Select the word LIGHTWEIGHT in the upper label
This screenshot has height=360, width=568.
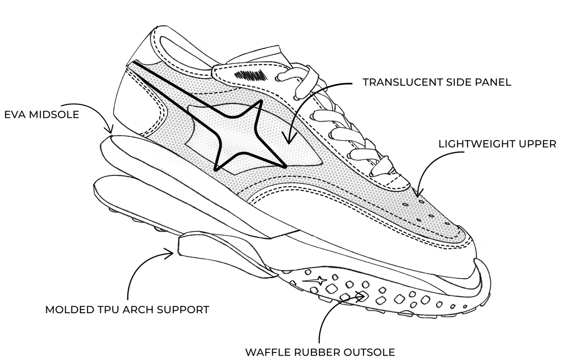point(479,144)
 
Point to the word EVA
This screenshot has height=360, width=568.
point(15,114)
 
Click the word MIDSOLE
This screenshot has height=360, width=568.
point(54,114)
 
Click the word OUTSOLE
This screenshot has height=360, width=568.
point(369,352)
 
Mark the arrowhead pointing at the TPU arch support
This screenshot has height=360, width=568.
point(169,254)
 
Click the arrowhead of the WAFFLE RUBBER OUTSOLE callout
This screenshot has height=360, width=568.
point(361,297)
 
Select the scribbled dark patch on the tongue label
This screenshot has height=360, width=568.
point(249,75)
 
